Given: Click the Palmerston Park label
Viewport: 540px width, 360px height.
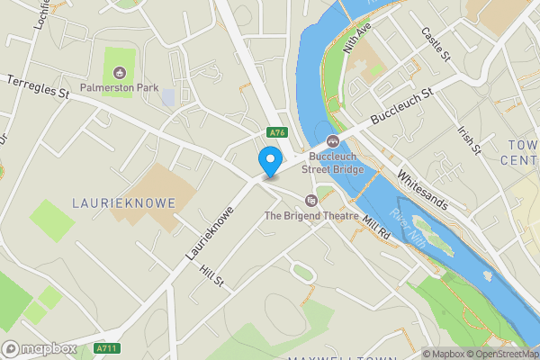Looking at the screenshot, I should (x=119, y=88).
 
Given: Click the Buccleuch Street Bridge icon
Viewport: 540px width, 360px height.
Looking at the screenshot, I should (x=332, y=139).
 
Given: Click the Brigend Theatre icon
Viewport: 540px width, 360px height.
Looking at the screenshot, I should (x=310, y=199).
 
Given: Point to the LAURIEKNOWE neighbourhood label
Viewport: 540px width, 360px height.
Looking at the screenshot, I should (x=123, y=203).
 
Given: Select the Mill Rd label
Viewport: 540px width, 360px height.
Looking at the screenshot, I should (x=375, y=229).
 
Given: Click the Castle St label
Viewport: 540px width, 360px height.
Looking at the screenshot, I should (x=436, y=44).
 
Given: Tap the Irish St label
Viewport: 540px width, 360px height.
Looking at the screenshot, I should (x=469, y=138).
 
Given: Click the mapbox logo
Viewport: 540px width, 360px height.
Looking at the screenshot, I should (x=40, y=348).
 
